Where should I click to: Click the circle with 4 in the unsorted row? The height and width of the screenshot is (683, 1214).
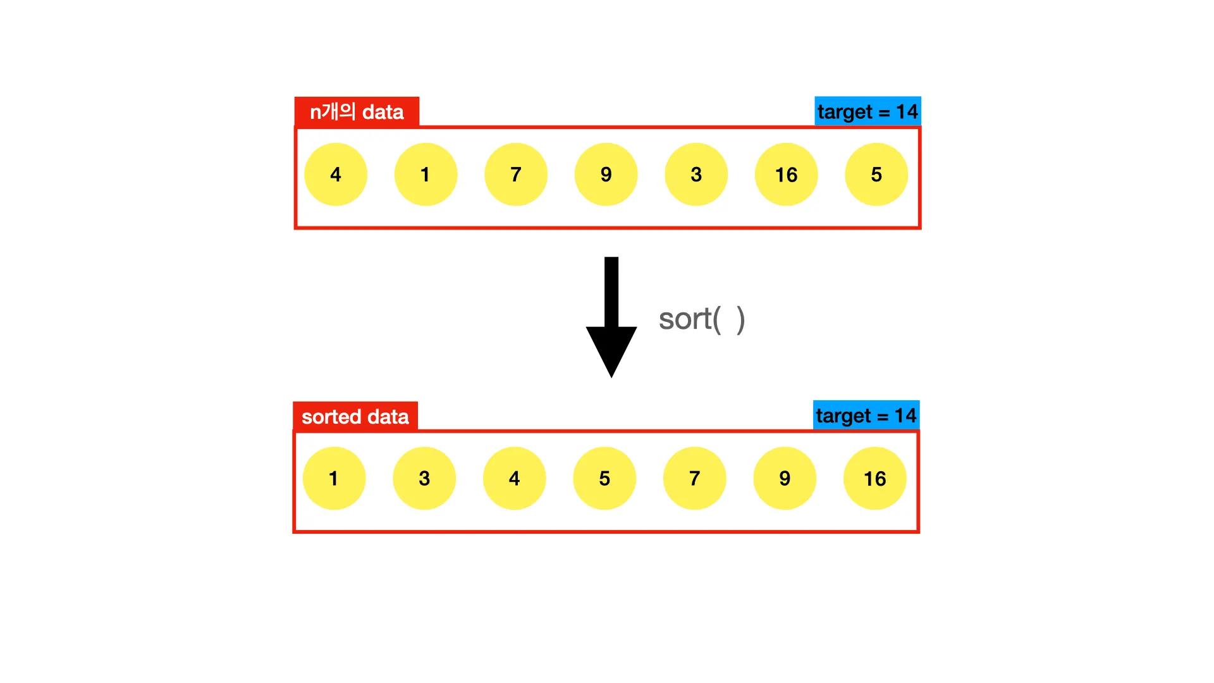coord(335,175)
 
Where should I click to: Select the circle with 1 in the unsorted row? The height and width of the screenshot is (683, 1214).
coord(426,175)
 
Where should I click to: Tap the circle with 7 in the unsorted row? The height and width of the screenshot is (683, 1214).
coord(516,175)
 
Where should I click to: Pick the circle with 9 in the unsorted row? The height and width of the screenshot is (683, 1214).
coord(606,175)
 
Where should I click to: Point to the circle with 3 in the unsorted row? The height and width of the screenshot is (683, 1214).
coord(696,175)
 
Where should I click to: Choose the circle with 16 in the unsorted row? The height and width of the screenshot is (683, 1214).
coord(786,175)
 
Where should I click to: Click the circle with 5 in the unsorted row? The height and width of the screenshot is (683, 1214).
coord(876,175)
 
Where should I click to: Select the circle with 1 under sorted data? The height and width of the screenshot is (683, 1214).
coord(334,479)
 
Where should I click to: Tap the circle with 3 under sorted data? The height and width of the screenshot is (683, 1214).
coord(424,479)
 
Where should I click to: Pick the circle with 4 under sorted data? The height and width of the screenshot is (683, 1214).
coord(514,479)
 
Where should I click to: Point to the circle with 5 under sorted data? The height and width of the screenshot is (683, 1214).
coord(604,479)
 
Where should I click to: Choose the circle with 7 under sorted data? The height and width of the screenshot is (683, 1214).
coord(694,479)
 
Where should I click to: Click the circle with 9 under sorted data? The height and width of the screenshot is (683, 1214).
coord(785,479)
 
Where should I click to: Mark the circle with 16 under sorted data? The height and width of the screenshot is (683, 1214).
coord(874,479)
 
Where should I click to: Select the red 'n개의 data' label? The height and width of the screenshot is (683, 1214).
coord(357,112)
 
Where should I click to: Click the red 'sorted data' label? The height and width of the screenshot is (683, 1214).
coord(355,417)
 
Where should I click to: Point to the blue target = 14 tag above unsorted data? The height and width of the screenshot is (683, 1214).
coord(868,111)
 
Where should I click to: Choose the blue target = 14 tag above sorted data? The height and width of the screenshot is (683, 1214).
coord(866,415)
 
